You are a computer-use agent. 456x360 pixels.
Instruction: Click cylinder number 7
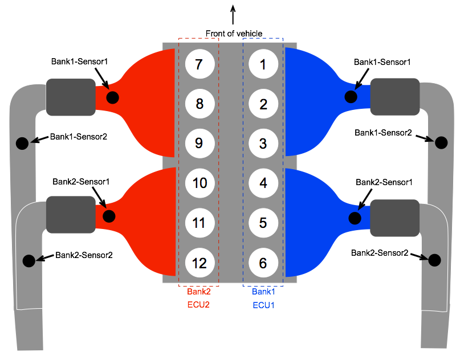[199, 64]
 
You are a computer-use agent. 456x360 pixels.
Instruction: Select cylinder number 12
[199, 263]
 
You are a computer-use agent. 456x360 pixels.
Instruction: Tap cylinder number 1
[263, 64]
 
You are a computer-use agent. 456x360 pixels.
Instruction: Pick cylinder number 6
[263, 263]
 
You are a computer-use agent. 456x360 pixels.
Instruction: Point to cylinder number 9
[199, 143]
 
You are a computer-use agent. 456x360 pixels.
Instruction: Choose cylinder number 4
[263, 183]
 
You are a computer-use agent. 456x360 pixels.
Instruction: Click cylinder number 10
[199, 183]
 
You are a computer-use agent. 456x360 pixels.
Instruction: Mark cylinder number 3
[263, 143]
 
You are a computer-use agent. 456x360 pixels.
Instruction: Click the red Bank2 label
[199, 292]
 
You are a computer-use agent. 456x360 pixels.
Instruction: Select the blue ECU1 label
[263, 305]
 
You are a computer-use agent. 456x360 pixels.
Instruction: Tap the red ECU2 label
[199, 305]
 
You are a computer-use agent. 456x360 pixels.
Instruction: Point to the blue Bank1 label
[263, 292]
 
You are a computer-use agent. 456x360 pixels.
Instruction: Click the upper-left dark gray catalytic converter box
[71, 97]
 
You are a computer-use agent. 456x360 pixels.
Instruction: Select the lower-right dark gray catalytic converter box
[394, 218]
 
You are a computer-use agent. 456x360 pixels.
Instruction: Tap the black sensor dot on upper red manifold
[112, 97]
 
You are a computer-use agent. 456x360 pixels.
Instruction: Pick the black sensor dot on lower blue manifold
[355, 218]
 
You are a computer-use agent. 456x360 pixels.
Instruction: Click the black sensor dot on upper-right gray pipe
[441, 142]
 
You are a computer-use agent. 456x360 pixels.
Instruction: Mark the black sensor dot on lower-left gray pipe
[28, 261]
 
